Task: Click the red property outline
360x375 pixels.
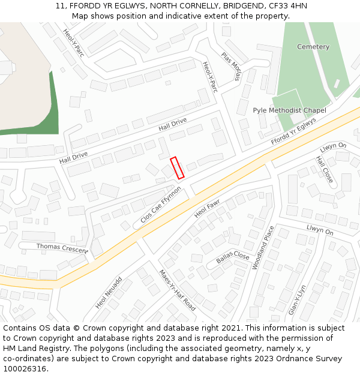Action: pyautogui.click(x=176, y=168)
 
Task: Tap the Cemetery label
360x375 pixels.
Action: pyautogui.click(x=313, y=47)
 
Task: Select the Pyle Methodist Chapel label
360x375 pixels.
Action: pyautogui.click(x=289, y=110)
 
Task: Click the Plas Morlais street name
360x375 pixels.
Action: pyautogui.click(x=230, y=66)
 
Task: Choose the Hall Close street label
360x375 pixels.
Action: pyautogui.click(x=324, y=170)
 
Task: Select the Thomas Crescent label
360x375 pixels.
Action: pyautogui.click(x=62, y=247)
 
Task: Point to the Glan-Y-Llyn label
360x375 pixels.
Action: pyautogui.click(x=298, y=299)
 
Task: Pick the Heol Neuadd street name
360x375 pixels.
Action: pyautogui.click(x=109, y=293)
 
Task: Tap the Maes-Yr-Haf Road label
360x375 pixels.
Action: pyautogui.click(x=177, y=290)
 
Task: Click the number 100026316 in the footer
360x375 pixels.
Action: pyautogui.click(x=25, y=369)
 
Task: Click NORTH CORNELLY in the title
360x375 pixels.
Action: pyautogui.click(x=179, y=5)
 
